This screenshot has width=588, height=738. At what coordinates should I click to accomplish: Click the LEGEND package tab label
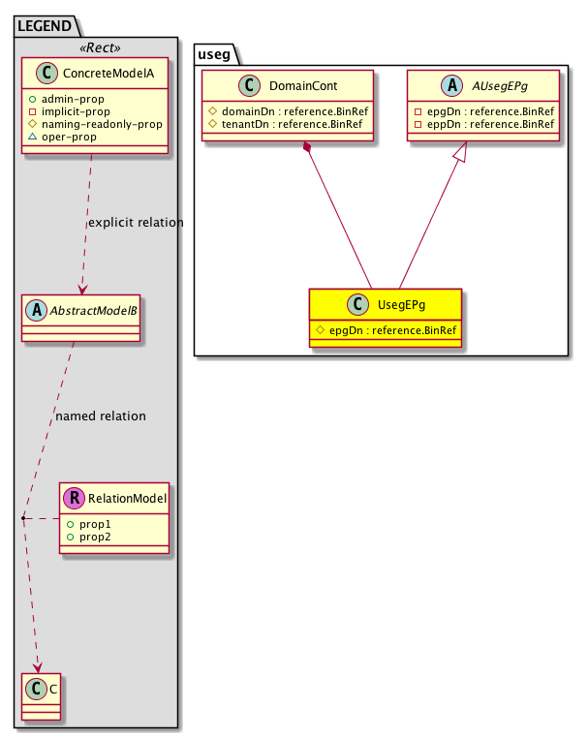point(45,26)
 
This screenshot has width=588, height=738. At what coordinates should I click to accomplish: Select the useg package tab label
point(214,54)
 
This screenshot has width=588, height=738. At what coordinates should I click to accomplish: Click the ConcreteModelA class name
point(108,74)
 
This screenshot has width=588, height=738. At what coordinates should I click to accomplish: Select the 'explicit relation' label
point(136,222)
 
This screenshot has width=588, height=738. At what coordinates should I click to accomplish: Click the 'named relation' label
point(101,416)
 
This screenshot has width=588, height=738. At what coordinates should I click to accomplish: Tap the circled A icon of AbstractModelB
point(37,310)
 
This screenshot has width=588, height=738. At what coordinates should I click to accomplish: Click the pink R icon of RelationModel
point(75,498)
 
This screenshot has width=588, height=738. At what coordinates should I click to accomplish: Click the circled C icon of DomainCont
point(250,85)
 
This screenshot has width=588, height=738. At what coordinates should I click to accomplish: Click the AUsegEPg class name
point(500,86)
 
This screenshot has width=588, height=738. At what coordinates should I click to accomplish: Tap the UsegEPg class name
point(402,305)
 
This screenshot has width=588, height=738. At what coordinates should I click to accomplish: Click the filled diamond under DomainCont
point(308,147)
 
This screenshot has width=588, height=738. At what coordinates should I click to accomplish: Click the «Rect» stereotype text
point(100,48)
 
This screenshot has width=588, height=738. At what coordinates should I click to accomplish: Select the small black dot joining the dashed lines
point(23,518)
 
